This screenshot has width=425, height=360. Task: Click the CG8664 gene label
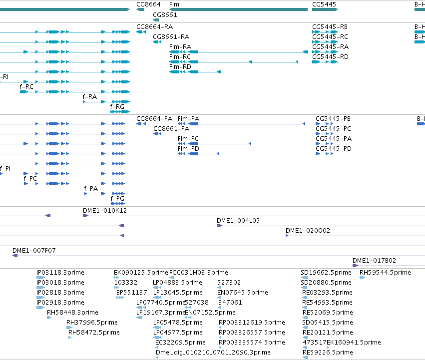coord(148,4)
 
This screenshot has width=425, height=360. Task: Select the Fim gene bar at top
coord(238,9)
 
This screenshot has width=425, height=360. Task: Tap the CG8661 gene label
coord(165,14)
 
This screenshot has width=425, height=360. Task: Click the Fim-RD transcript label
coord(180,67)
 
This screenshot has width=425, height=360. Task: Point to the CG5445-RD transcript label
coord(330,56)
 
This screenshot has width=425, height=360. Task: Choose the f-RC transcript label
coord(26,87)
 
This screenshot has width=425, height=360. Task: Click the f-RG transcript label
coord(117,107)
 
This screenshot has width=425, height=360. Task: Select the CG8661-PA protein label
coord(171,129)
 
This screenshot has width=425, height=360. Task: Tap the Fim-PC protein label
coord(188,139)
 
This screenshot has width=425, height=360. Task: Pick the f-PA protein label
coord(91,189)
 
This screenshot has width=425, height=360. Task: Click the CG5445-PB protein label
coord(333,119)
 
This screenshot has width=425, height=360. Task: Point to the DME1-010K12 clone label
coord(105,211)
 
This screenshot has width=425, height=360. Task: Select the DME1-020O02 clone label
coord(308,231)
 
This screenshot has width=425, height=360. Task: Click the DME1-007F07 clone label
coord(34,251)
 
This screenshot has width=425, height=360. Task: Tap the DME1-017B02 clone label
coord(375,261)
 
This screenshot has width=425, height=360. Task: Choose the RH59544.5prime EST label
coord(385,273)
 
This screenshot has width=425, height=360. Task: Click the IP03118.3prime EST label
coord(60,273)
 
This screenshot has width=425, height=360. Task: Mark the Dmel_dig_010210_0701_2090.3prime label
coord(213,353)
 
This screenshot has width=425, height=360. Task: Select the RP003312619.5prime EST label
coord(252,323)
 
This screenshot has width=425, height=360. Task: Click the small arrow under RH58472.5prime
coord(70,338)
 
